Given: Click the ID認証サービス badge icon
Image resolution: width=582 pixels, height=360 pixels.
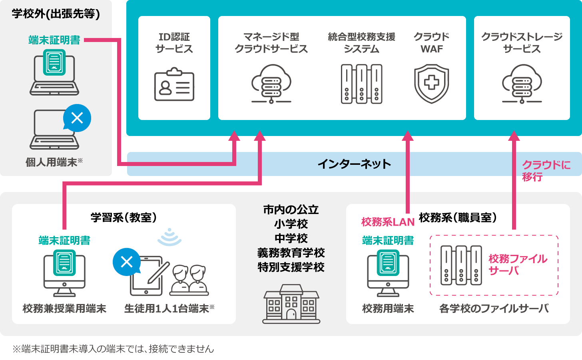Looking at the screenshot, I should pyautogui.click(x=174, y=84).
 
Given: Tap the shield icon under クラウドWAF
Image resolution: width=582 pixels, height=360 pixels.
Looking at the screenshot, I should pyautogui.click(x=431, y=84).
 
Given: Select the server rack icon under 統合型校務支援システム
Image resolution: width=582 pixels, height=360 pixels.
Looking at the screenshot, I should pyautogui.click(x=361, y=84).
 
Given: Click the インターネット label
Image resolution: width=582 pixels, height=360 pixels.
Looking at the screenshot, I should pyautogui.click(x=354, y=164).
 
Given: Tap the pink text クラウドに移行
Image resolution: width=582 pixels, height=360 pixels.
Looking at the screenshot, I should pyautogui.click(x=545, y=171).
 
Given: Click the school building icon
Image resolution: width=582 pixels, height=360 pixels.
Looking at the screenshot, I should pyautogui.click(x=291, y=304).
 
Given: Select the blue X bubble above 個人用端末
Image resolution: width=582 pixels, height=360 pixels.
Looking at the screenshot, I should pyautogui.click(x=77, y=118).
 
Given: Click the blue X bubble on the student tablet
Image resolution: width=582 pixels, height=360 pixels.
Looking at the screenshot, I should pyautogui.click(x=127, y=262).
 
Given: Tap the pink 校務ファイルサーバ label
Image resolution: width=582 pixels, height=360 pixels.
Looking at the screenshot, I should pyautogui.click(x=517, y=264).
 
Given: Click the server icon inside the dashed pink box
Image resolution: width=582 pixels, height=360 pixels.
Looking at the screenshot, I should pyautogui.click(x=461, y=265).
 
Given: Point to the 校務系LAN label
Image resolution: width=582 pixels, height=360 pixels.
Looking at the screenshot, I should pyautogui.click(x=388, y=222).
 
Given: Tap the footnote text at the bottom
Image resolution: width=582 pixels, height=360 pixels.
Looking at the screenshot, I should pyautogui.click(x=114, y=349).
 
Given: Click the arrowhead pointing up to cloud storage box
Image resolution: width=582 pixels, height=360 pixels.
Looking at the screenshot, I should pyautogui.click(x=514, y=136).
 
